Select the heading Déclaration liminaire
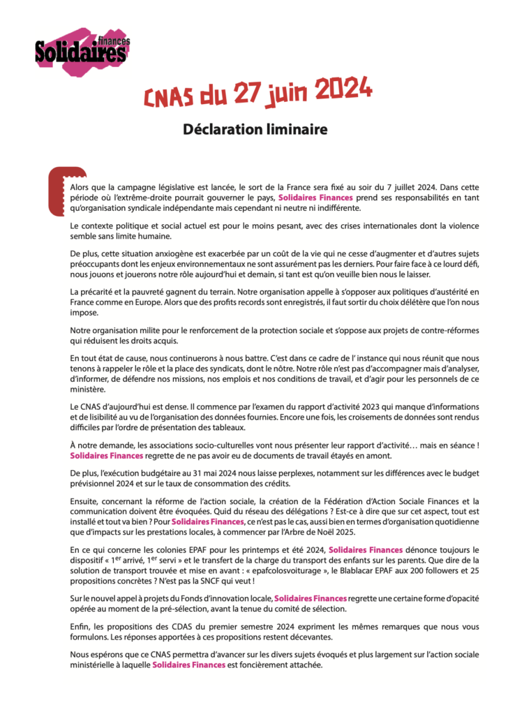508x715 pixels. [x=254, y=129]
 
